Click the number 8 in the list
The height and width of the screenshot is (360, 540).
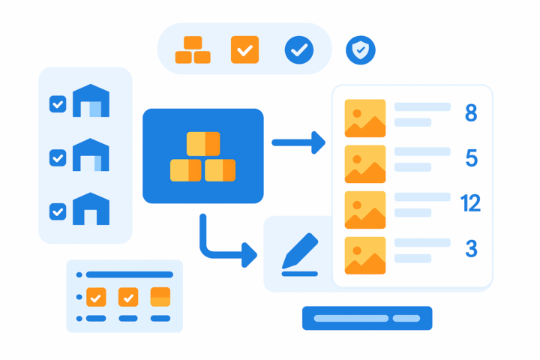(x=471, y=113)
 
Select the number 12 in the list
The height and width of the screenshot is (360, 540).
(x=470, y=203)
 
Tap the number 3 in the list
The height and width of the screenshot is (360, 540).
(x=471, y=248)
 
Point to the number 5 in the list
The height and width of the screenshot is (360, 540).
(x=471, y=158)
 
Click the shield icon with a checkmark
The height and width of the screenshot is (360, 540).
(x=361, y=50)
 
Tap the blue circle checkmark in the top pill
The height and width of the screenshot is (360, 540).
(x=299, y=50)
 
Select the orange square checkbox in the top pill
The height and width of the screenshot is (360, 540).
(x=244, y=50)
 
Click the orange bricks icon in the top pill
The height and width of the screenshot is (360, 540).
(x=193, y=50)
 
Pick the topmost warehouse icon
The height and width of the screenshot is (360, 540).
(x=91, y=101)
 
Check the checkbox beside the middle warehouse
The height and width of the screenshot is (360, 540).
(x=58, y=158)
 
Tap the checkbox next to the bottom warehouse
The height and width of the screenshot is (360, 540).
(x=58, y=212)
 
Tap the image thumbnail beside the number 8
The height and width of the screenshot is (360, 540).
(x=365, y=118)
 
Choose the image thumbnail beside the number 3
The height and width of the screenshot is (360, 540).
(x=365, y=255)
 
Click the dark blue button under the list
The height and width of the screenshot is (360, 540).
(x=367, y=318)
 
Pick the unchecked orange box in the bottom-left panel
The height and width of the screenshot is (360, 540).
(x=160, y=296)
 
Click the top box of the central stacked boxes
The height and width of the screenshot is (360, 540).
(x=203, y=143)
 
